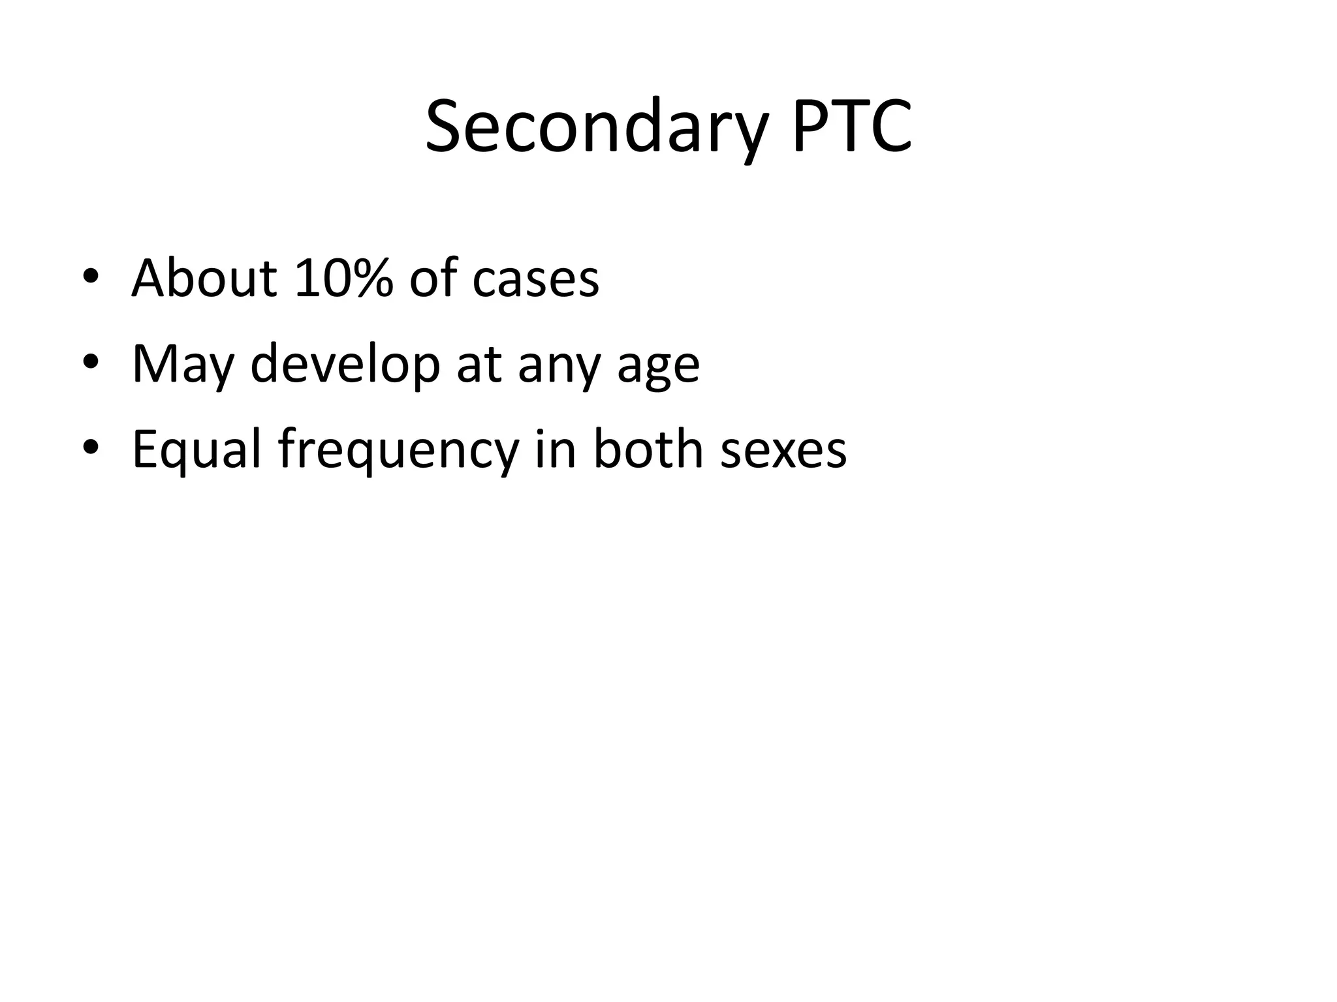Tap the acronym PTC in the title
click(851, 127)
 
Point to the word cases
click(535, 279)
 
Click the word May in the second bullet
click(182, 364)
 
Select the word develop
click(345, 364)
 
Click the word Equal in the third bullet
click(197, 449)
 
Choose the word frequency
click(398, 451)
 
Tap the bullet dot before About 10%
click(91, 279)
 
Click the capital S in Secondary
click(446, 127)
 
